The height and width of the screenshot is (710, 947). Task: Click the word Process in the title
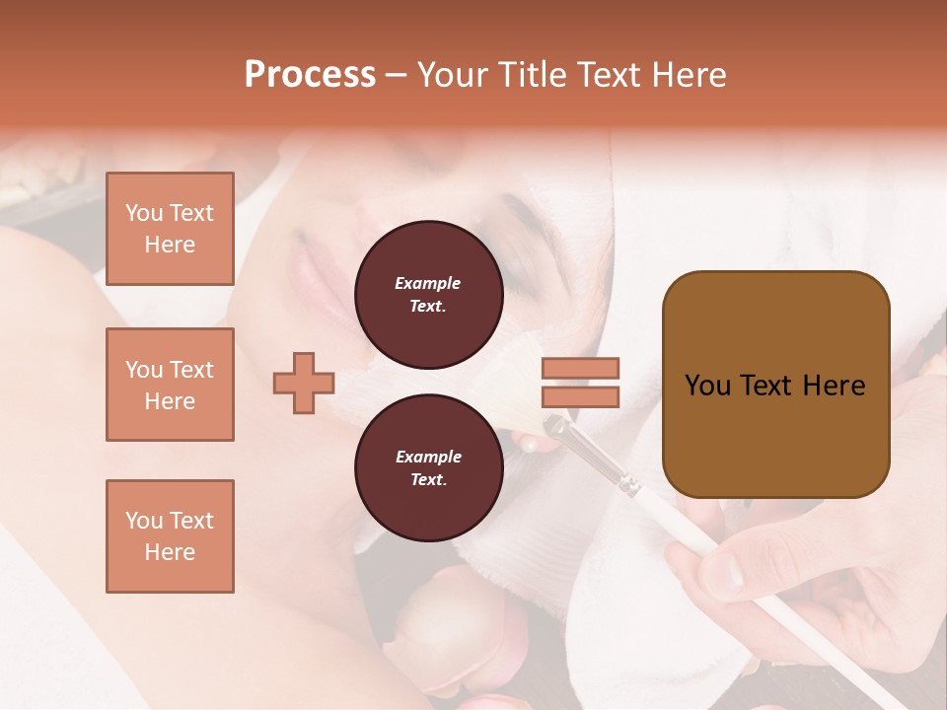[310, 74]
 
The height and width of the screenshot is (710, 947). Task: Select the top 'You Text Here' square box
[170, 229]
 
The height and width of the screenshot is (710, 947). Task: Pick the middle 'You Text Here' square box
[170, 385]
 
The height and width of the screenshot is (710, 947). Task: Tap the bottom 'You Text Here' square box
[170, 536]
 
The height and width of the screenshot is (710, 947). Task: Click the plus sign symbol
[304, 383]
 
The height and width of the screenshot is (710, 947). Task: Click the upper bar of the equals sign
[580, 368]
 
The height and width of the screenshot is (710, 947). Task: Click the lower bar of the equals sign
[580, 396]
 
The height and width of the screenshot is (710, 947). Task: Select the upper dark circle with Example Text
[429, 295]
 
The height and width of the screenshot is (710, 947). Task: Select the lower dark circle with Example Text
[429, 468]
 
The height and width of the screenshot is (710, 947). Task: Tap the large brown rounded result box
[775, 385]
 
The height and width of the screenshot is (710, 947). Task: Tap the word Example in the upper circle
[428, 283]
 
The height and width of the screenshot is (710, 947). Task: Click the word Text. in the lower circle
[428, 480]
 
